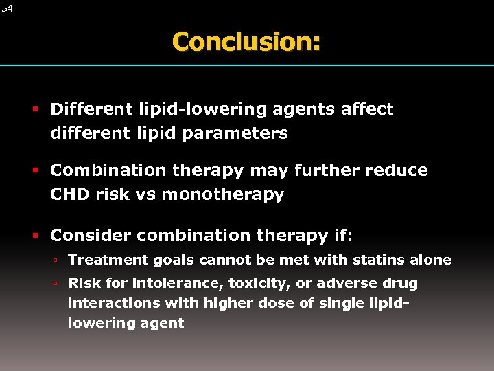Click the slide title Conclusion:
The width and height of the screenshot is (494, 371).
pyautogui.click(x=246, y=41)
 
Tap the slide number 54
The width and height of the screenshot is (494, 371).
pyautogui.click(x=7, y=8)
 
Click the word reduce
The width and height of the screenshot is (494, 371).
pyautogui.click(x=400, y=170)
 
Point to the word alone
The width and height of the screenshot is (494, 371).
pyautogui.click(x=431, y=260)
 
